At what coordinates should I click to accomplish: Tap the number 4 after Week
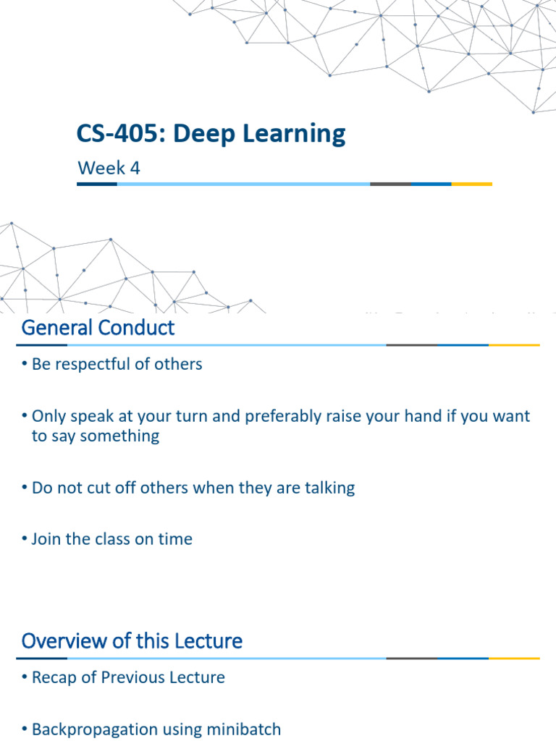pyautogui.click(x=135, y=169)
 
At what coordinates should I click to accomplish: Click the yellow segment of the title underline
pyautogui.click(x=471, y=185)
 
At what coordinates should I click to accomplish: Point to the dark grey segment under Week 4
pyautogui.click(x=389, y=185)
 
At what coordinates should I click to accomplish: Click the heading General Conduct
pyautogui.click(x=98, y=328)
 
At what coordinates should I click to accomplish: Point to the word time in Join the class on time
pyautogui.click(x=177, y=539)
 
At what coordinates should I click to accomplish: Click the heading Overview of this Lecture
pyautogui.click(x=132, y=640)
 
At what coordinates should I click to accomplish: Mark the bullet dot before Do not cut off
pyautogui.click(x=25, y=488)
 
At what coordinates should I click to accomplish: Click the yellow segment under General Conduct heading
pyautogui.click(x=514, y=345)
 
